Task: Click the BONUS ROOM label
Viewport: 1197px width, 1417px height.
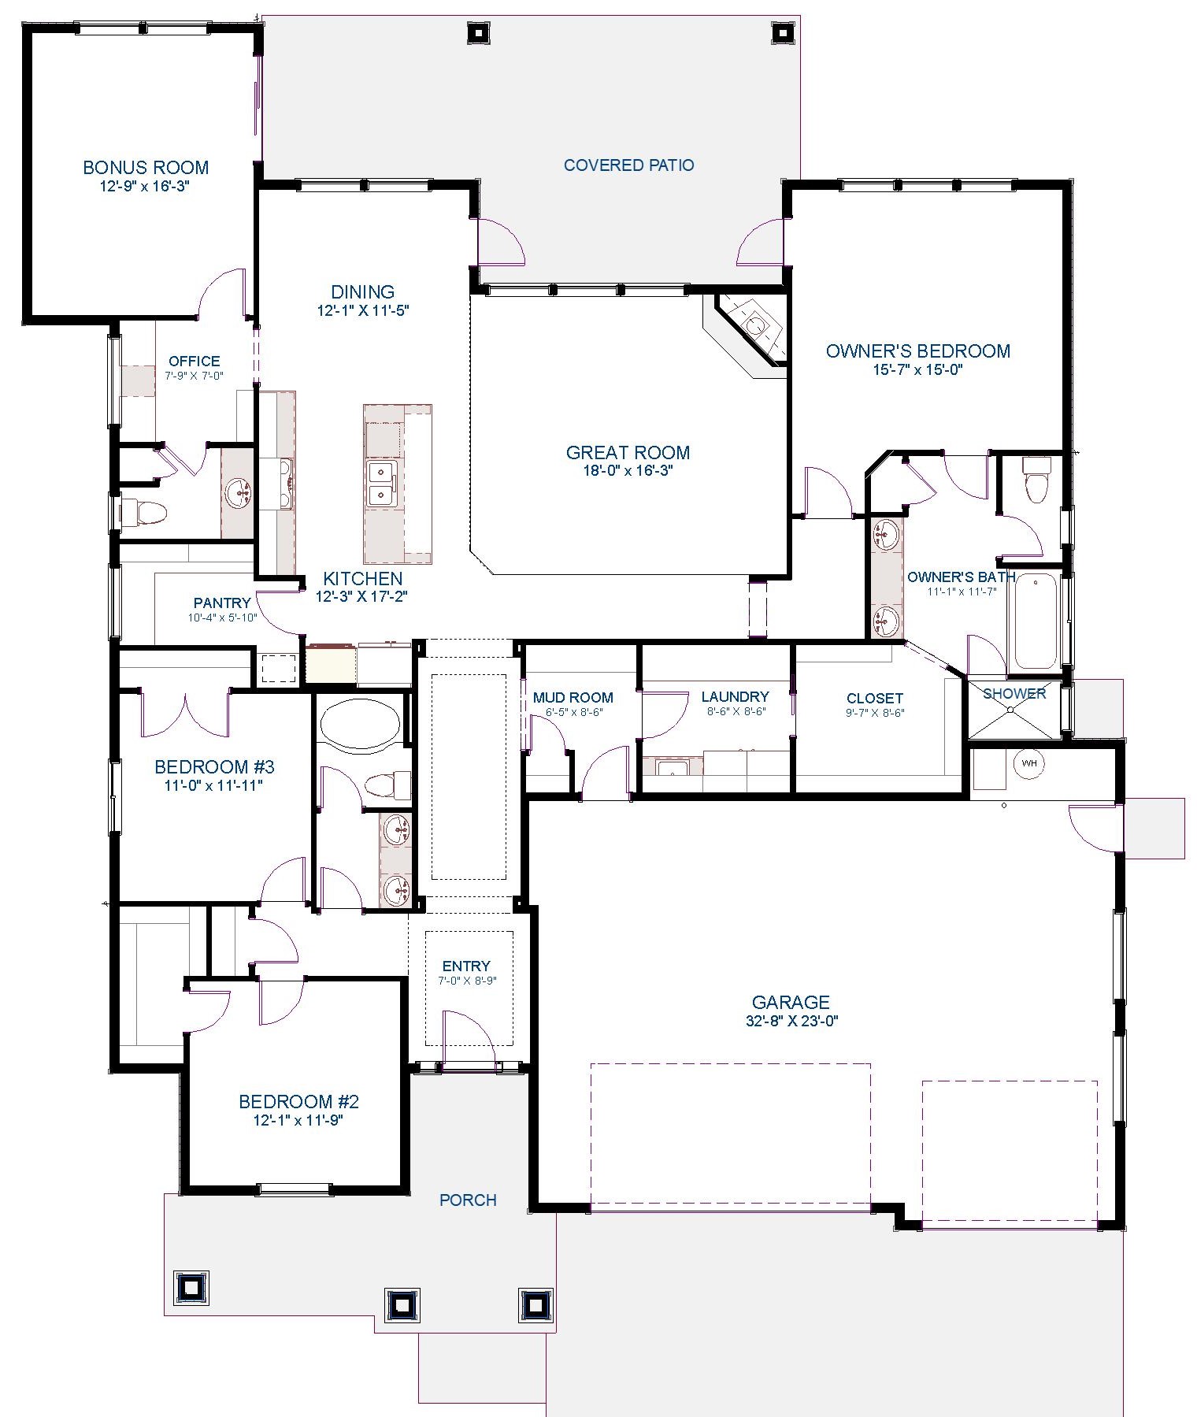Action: click(x=146, y=167)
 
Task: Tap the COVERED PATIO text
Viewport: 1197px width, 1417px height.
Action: click(x=628, y=165)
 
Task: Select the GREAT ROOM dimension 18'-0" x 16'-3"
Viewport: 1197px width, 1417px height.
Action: click(x=628, y=471)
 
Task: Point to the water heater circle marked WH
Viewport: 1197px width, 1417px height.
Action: click(x=1029, y=763)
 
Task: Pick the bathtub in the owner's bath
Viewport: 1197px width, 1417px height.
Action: click(x=1035, y=622)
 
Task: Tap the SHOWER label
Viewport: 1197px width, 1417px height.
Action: click(x=1014, y=693)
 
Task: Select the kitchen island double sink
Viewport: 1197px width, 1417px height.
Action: click(x=383, y=484)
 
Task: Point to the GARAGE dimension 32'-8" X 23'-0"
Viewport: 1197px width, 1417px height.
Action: click(x=791, y=1021)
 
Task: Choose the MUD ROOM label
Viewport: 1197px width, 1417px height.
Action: click(x=573, y=697)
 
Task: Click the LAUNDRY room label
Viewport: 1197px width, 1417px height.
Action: click(x=735, y=696)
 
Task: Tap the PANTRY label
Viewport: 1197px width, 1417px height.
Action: click(x=222, y=603)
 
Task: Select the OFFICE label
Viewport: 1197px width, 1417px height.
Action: click(x=195, y=362)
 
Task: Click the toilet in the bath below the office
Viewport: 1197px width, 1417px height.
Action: click(x=146, y=514)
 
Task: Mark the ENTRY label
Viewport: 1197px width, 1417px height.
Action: click(x=466, y=966)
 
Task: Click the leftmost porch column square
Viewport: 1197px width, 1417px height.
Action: click(x=191, y=1287)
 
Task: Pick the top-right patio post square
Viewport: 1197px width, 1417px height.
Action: click(x=781, y=33)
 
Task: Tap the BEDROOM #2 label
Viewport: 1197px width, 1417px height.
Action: click(x=299, y=1101)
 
